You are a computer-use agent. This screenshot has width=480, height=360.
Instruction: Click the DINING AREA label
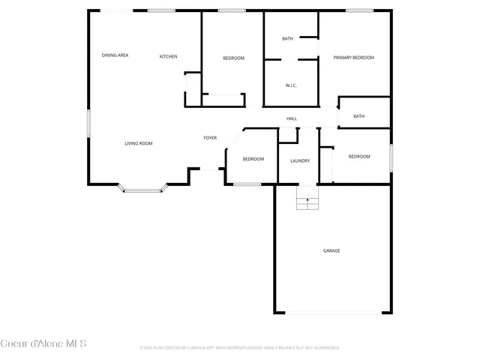pyautogui.click(x=115, y=55)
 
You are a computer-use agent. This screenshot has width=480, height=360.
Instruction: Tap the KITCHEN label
pyautogui.click(x=168, y=56)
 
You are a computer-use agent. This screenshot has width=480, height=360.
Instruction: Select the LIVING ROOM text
pyautogui.click(x=139, y=143)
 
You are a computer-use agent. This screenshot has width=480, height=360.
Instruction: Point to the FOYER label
pyautogui.click(x=211, y=138)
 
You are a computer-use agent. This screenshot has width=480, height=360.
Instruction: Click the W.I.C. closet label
pyautogui.click(x=291, y=85)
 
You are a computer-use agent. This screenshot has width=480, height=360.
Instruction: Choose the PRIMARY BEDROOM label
pyautogui.click(x=353, y=58)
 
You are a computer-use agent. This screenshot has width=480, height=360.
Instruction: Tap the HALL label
pyautogui.click(x=292, y=118)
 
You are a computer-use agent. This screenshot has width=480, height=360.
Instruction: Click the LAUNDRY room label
pyautogui.click(x=300, y=160)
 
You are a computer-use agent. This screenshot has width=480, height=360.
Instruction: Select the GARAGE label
pyautogui.click(x=331, y=250)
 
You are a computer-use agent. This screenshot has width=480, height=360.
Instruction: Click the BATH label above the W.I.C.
pyautogui.click(x=287, y=39)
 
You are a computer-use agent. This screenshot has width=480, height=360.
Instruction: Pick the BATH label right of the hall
pyautogui.click(x=359, y=116)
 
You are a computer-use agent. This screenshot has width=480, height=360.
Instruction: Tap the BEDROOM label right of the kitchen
pyautogui.click(x=233, y=58)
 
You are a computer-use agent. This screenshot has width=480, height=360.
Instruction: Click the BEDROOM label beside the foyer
pyautogui.click(x=253, y=159)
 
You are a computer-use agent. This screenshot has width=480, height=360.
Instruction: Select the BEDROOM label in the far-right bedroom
pyautogui.click(x=359, y=156)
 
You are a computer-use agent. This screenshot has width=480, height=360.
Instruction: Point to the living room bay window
pyautogui.click(x=142, y=190)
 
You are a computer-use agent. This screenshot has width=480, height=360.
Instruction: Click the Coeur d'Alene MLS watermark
pyautogui.click(x=43, y=344)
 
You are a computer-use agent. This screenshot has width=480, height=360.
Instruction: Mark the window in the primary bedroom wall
pyautogui.click(x=359, y=10)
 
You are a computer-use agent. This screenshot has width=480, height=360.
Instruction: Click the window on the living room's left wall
pyautogui.click(x=88, y=123)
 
